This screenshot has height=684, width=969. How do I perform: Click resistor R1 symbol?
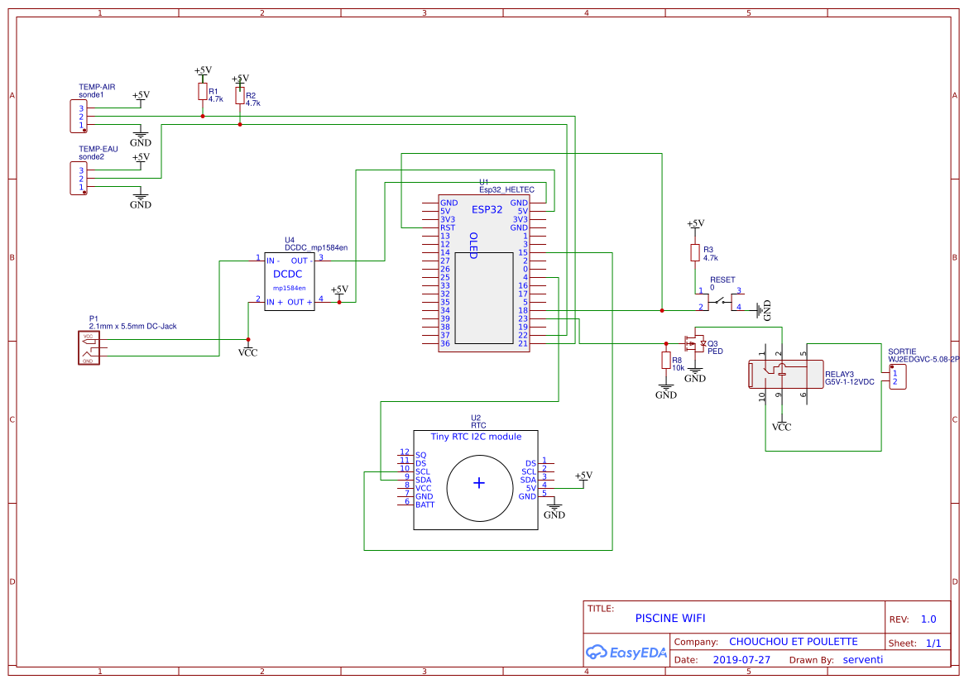[x=203, y=91]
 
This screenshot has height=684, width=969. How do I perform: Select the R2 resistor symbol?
[x=240, y=96]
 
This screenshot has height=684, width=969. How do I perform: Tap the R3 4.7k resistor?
[x=695, y=253]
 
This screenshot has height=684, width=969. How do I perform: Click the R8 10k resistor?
[x=665, y=360]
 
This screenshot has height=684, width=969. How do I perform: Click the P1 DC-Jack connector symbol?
[x=88, y=348]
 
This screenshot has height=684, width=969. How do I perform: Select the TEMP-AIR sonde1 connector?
[x=75, y=117]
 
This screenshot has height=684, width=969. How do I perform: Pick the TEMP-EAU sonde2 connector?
[x=75, y=179]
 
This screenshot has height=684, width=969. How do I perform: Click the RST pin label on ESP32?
[x=448, y=227]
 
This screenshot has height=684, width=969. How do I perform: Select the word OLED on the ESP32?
[x=473, y=246]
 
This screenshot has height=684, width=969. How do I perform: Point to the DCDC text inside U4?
[x=287, y=274]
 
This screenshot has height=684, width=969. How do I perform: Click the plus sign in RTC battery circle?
[x=478, y=483]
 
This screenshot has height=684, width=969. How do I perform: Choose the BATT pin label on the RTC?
[x=425, y=505]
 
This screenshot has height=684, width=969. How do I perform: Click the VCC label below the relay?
[x=781, y=428]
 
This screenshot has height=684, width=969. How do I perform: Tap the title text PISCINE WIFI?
[x=670, y=618]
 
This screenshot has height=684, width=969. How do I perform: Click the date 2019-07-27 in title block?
[x=741, y=660]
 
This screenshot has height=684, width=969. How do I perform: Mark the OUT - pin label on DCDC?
[x=299, y=261]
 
